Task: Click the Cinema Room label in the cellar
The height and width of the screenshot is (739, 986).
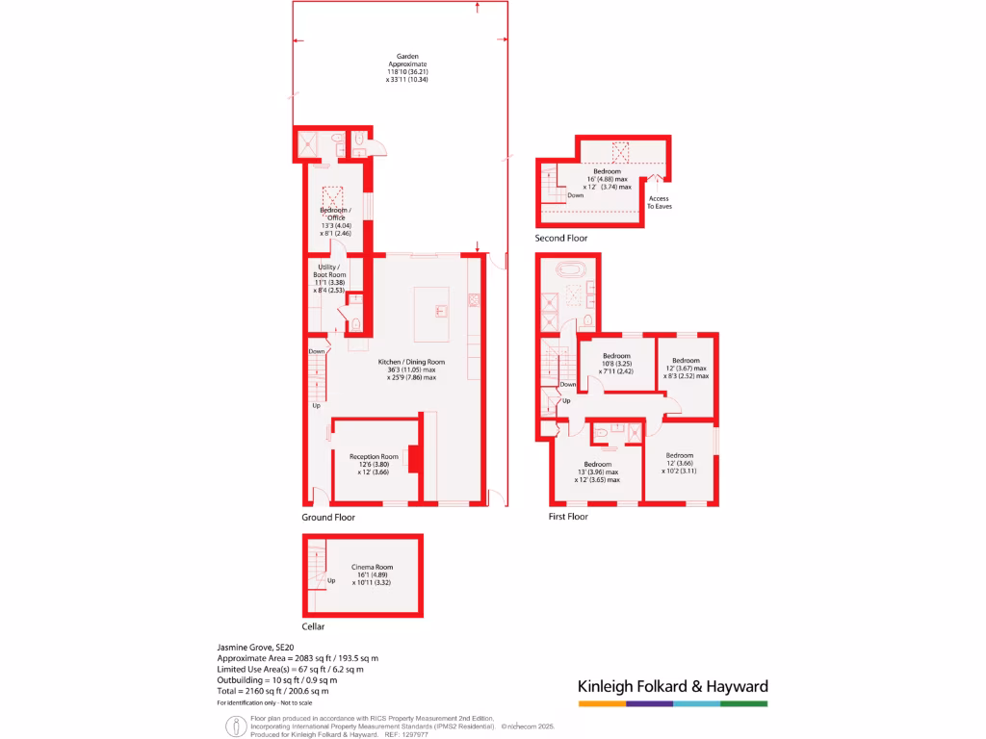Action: (371, 568)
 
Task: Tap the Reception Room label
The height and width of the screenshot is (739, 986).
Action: (374, 457)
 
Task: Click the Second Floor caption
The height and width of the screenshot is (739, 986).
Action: (561, 238)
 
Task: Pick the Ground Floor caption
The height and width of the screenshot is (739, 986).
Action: (328, 517)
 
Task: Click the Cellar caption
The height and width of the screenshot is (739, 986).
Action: (314, 626)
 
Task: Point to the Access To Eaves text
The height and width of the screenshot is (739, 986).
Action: (659, 202)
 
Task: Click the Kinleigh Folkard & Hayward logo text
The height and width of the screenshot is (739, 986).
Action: (672, 687)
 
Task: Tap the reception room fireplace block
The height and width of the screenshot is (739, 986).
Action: (414, 459)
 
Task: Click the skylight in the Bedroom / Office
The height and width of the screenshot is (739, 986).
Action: (333, 194)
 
